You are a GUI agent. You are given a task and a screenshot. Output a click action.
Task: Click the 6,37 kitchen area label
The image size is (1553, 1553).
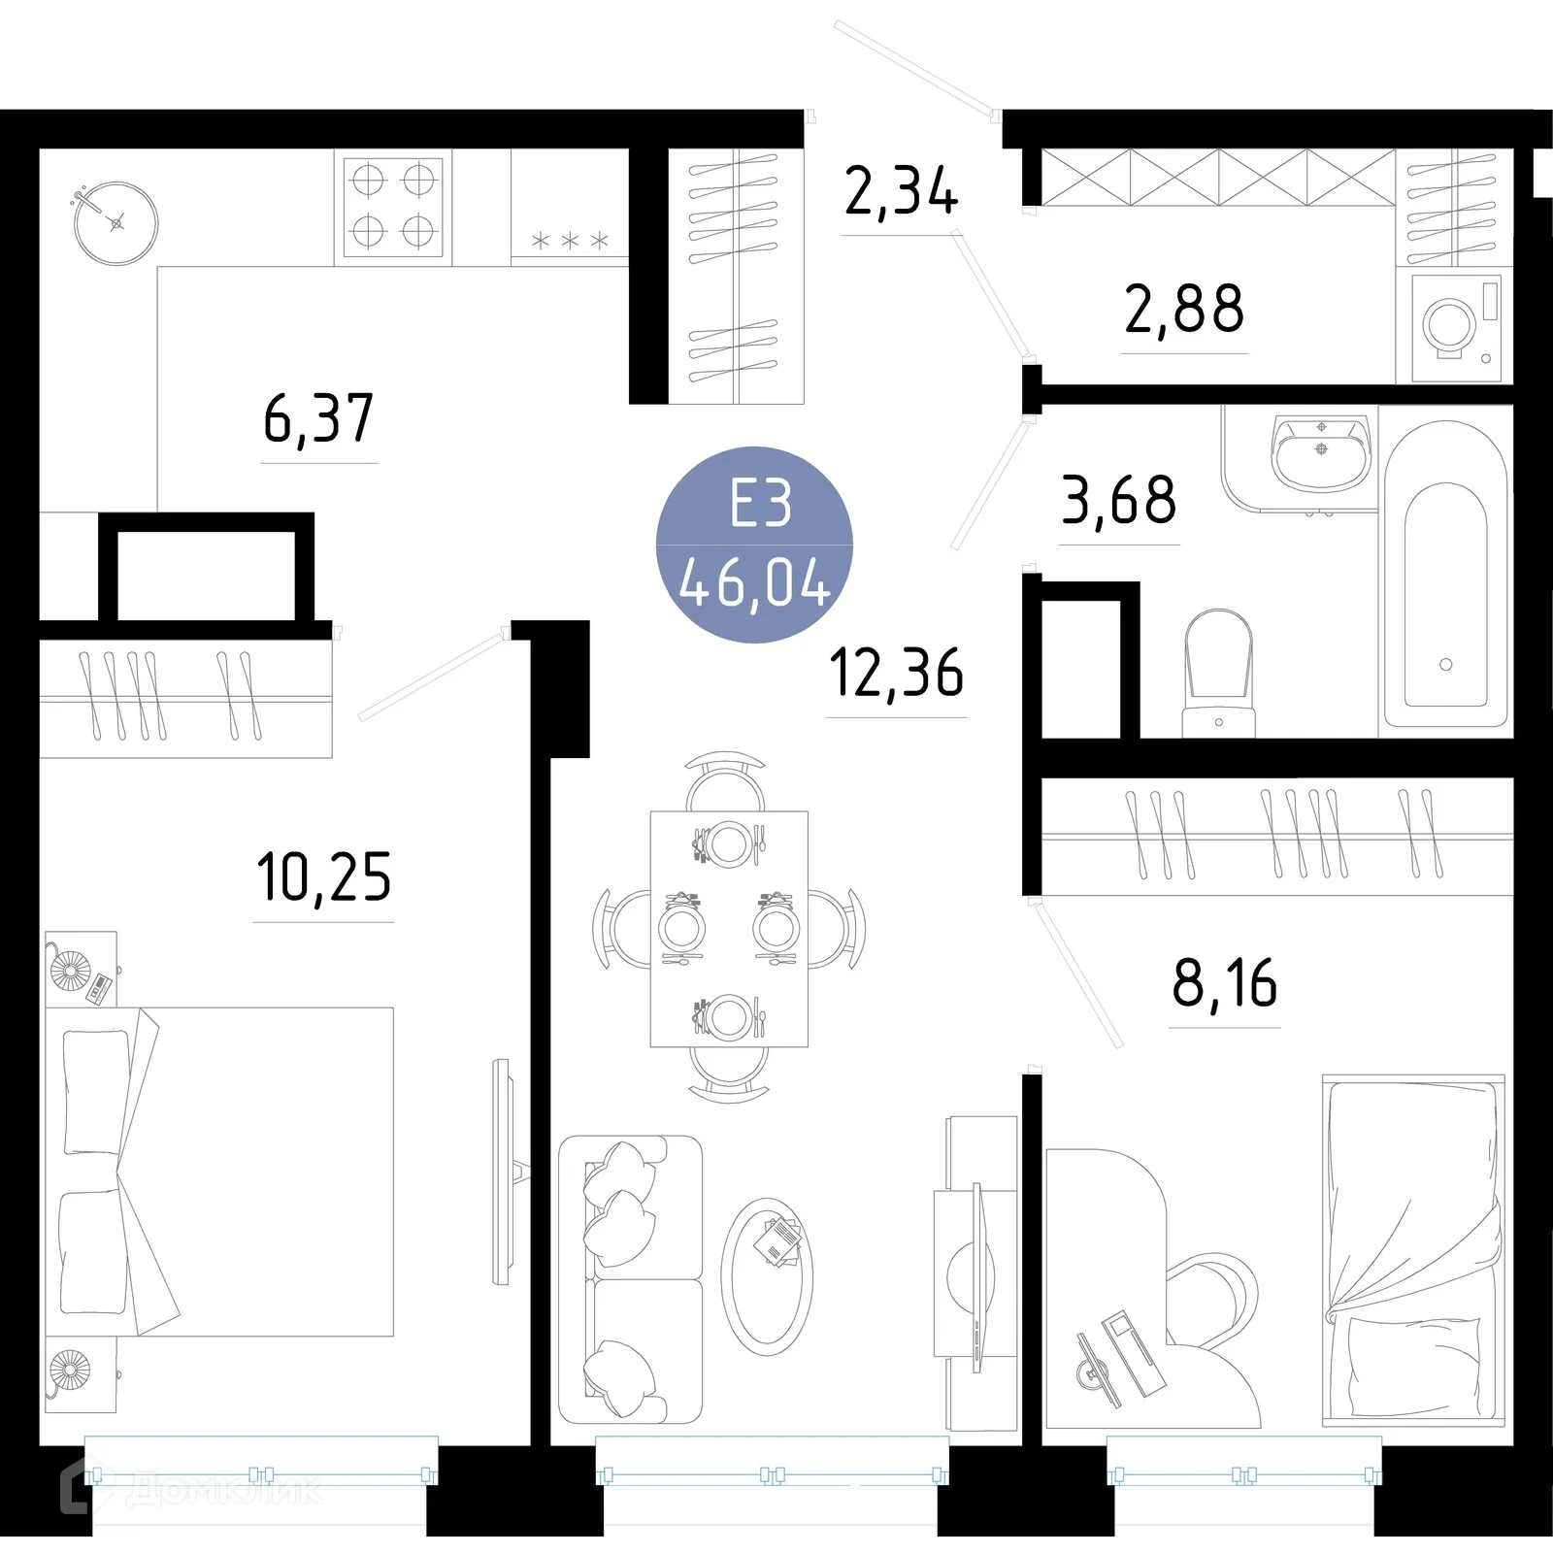[x=318, y=419]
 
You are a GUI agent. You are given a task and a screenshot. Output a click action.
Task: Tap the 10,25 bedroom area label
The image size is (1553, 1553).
[x=324, y=877]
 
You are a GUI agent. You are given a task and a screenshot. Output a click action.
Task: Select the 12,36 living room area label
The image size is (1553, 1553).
[x=897, y=674]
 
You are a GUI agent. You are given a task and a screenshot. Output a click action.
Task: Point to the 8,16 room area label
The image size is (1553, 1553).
[x=1225, y=983]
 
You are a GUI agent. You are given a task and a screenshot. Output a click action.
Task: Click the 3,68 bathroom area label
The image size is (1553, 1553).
[x=1119, y=501]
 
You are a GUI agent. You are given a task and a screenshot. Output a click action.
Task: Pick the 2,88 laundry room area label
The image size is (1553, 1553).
[x=1184, y=310]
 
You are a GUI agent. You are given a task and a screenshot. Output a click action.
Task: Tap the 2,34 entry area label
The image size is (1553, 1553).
[x=901, y=192]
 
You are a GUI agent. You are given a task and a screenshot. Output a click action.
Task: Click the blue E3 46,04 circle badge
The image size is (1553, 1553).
[x=755, y=545]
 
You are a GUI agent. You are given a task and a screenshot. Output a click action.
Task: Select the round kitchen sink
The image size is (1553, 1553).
[x=116, y=223]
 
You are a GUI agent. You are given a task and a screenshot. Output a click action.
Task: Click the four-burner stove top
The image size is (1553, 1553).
[x=393, y=206]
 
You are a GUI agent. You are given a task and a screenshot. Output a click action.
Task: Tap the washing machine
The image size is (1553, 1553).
[x=1453, y=325]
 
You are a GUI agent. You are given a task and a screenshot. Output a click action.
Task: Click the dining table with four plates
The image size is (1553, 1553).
[x=729, y=929]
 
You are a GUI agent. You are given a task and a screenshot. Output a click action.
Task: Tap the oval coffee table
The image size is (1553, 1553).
[x=767, y=1276]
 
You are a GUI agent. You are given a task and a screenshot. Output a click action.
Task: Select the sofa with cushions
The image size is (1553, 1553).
[x=629, y=1279]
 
